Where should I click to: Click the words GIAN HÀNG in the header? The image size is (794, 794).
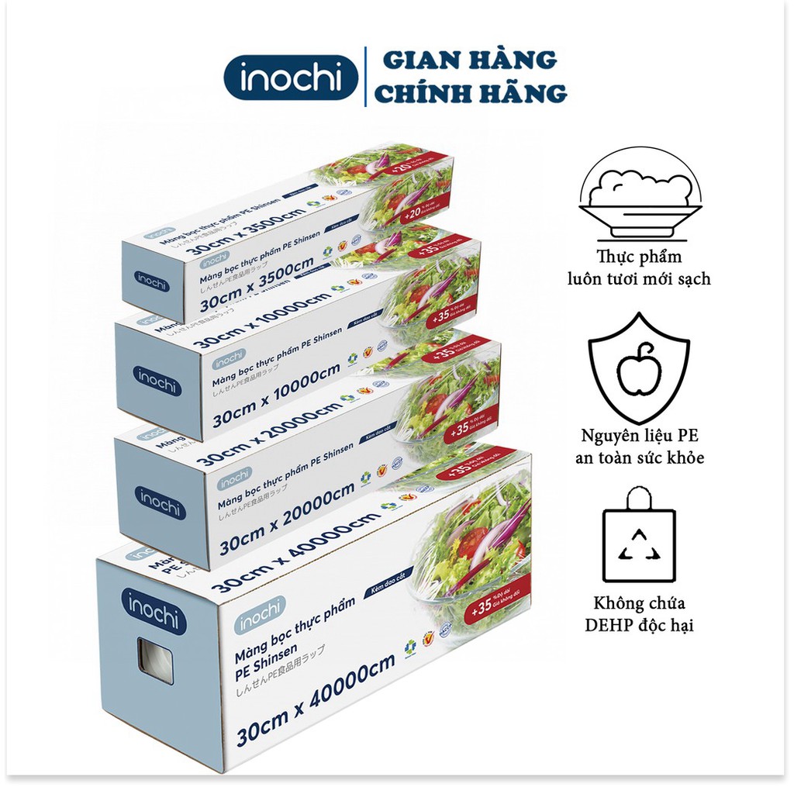(x=470, y=60)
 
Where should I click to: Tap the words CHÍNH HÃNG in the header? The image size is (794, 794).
(x=475, y=94)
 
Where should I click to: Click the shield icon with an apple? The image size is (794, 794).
(x=639, y=364)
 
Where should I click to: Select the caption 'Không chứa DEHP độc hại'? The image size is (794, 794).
(x=640, y=613)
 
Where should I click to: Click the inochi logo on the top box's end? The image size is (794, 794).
(x=152, y=283)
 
